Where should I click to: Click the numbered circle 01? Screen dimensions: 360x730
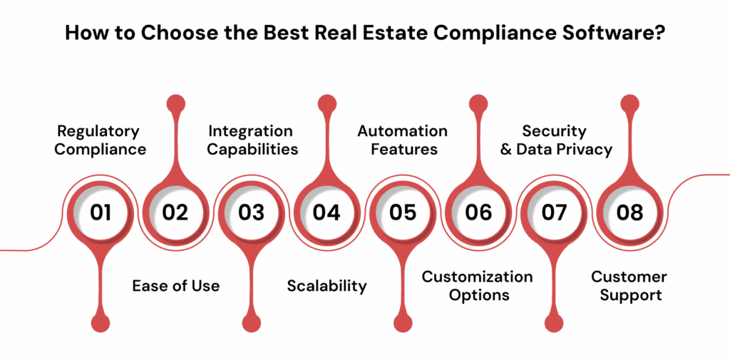point(101,212)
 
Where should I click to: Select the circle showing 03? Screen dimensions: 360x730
point(251,212)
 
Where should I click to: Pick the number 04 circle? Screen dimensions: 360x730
point(327,212)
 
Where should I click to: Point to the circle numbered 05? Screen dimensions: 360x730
point(402,212)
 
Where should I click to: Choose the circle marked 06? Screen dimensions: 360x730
point(478,212)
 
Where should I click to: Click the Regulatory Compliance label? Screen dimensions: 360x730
point(101,140)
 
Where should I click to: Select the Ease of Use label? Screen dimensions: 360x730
point(176,286)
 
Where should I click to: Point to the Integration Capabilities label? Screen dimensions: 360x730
point(251,140)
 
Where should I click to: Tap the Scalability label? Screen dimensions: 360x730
point(327,286)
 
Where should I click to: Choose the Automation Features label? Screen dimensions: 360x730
point(402,140)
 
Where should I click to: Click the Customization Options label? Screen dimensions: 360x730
point(478,285)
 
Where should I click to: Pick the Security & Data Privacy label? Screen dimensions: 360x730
point(555,140)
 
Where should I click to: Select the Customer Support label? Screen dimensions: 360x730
point(629,285)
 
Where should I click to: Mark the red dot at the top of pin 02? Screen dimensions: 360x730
point(175,103)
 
